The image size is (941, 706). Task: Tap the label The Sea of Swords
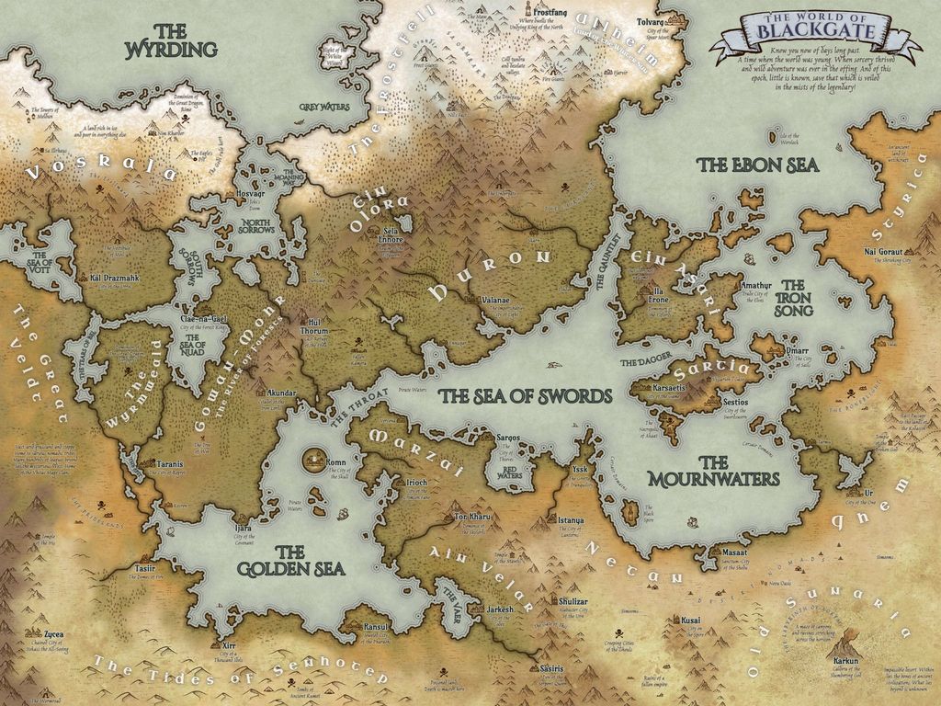pyautogui.click(x=524, y=395)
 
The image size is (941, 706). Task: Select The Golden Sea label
pyautogui.click(x=290, y=561)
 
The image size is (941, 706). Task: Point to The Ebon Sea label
pyautogui.click(x=757, y=165)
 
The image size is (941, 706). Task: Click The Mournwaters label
pyautogui.click(x=712, y=471)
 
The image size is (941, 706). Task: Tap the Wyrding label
pyautogui.click(x=171, y=39)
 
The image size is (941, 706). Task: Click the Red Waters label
pyautogui.click(x=509, y=472)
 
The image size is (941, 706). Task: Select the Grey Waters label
pyautogui.click(x=324, y=107)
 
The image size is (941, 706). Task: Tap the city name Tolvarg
pyautogui.click(x=653, y=18)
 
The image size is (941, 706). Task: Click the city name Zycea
pyautogui.click(x=55, y=633)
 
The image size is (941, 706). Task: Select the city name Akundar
pyautogui.click(x=281, y=392)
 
